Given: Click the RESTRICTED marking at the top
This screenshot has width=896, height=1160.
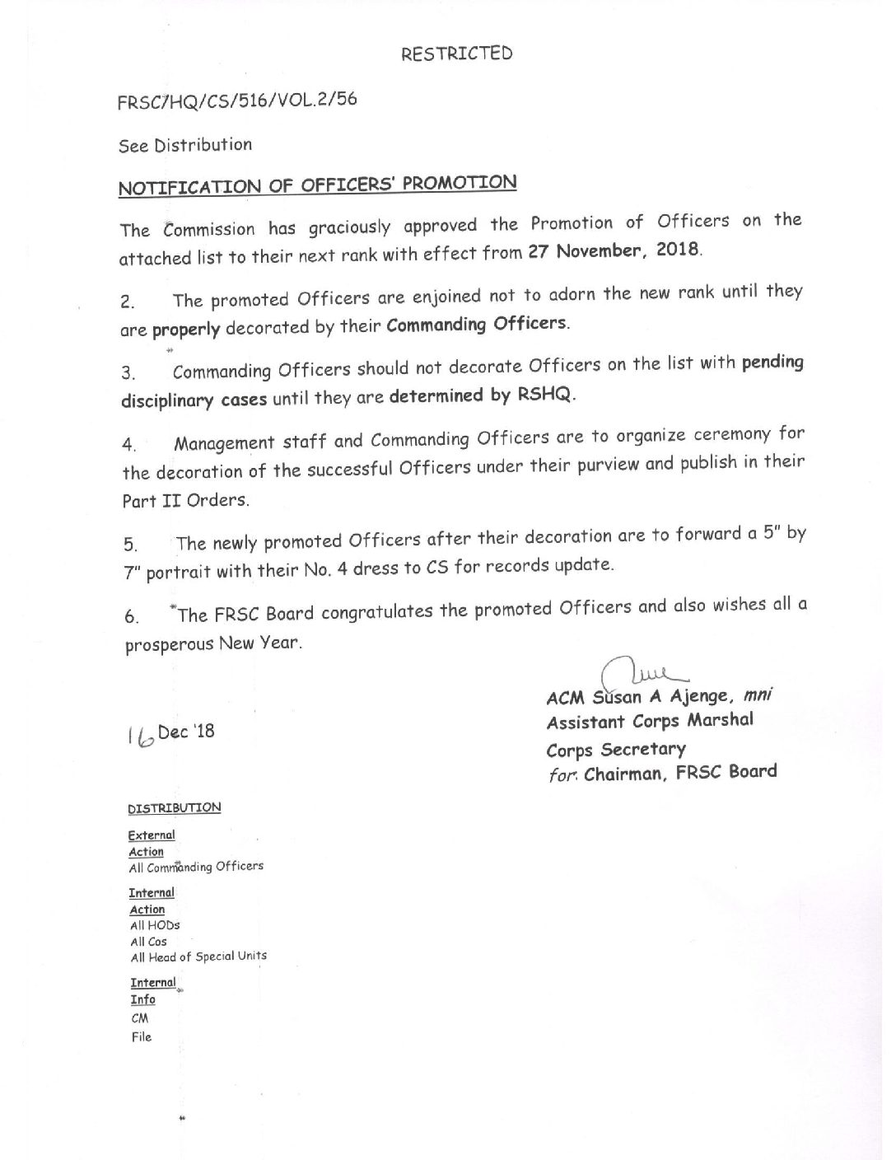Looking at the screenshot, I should (457, 54).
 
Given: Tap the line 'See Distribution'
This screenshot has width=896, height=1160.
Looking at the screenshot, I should (185, 146).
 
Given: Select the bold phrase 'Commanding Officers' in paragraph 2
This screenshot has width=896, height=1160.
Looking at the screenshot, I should (477, 323).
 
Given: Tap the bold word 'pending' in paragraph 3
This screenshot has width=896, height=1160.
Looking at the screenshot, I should (772, 362).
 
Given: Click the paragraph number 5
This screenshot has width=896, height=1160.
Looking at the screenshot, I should (130, 545).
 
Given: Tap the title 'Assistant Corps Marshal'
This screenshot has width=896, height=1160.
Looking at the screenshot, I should (650, 722).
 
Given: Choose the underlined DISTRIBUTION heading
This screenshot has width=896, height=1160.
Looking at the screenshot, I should (175, 808).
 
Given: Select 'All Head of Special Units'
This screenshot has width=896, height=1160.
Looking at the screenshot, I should (198, 957).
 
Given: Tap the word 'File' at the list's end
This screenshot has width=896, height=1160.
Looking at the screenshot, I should (142, 1037).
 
